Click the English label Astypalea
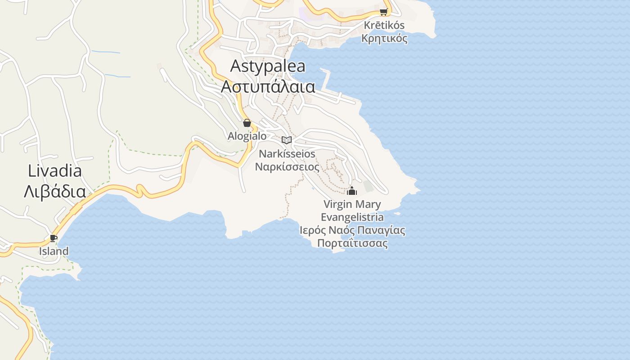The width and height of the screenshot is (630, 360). pos(268,66)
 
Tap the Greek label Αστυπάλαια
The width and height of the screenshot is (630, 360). pos(268,86)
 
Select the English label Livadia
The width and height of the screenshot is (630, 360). pos(55,171)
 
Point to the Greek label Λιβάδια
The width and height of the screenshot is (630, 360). pos(55,192)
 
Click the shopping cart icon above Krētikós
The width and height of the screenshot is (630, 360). pos(383,12)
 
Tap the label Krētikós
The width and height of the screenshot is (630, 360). pos(384,25)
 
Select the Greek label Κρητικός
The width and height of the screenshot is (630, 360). pos(384,38)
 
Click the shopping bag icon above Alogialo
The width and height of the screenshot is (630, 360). pos(247,123)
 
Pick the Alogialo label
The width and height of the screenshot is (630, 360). pos(247,136)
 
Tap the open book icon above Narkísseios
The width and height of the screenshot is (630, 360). pos(287,140)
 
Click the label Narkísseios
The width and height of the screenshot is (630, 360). pos(287,154)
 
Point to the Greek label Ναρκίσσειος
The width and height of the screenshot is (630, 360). pos(287,167)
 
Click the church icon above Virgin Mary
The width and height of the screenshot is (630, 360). pos(352,191)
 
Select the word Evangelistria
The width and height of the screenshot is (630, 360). pos(352,217)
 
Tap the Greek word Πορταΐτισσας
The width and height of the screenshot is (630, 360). pos(352,243)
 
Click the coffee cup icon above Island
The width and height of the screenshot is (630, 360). pos(54,238)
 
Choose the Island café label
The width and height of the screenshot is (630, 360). pos(54,251)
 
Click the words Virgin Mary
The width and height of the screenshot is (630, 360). pos(352,204)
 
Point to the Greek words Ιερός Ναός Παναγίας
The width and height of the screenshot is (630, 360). pos(352,230)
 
